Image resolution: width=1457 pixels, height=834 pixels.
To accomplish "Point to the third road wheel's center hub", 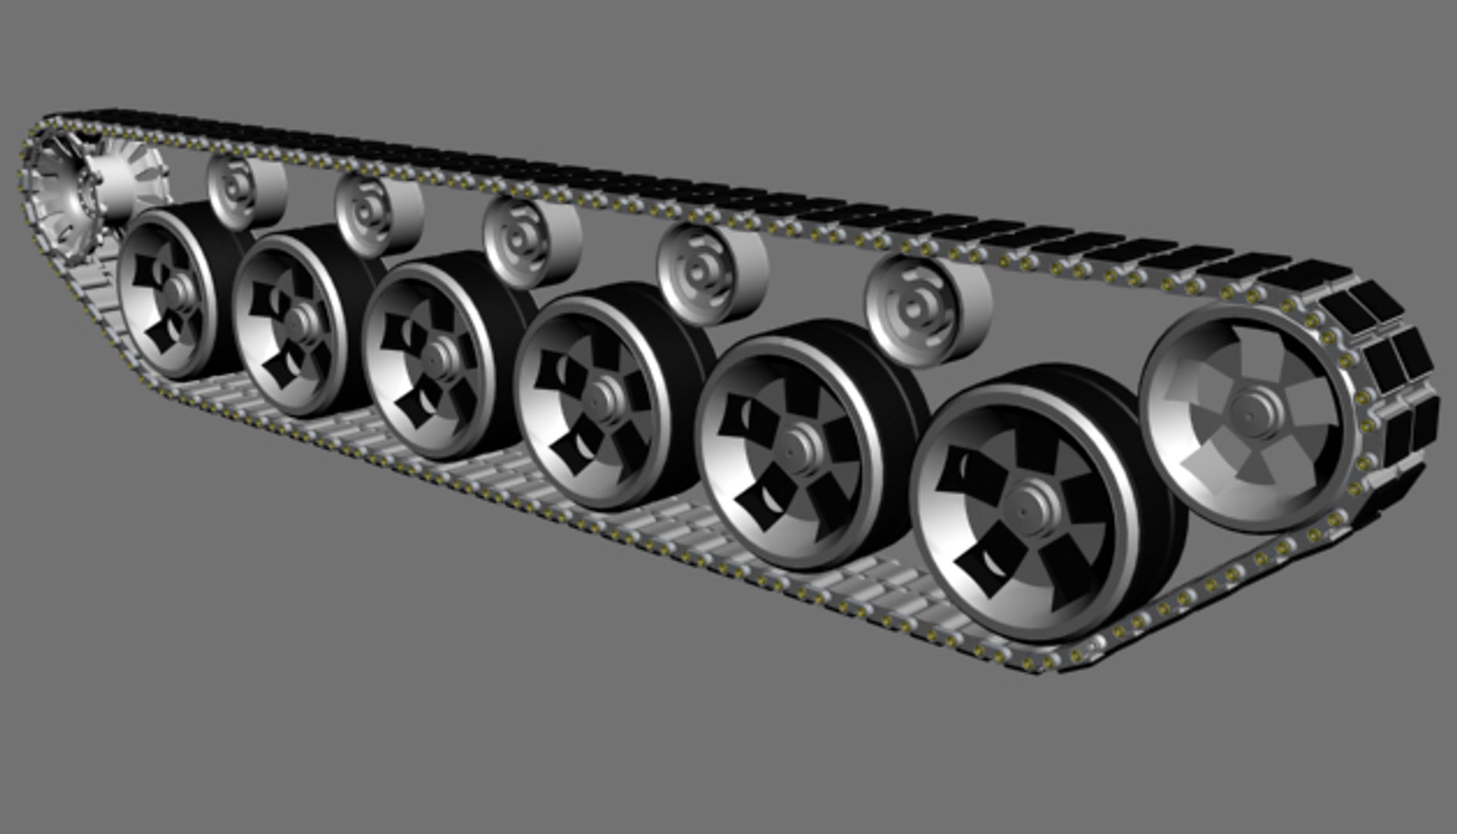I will pyautogui.click(x=441, y=356).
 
